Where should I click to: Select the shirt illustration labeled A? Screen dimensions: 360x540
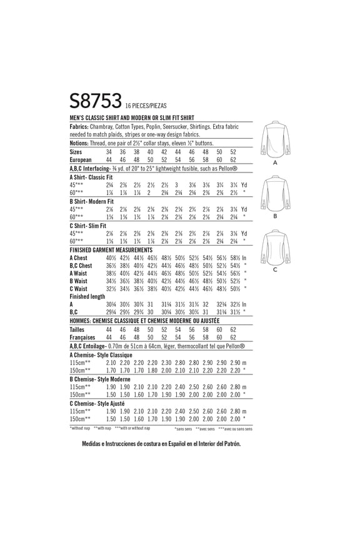tap(274, 138)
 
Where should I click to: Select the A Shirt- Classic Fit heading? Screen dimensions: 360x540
tap(92, 177)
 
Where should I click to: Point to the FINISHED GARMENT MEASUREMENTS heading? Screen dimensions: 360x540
tap(111, 249)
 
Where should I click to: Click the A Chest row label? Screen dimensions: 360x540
tap(79, 257)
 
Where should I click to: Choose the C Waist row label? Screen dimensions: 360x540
tap(79, 289)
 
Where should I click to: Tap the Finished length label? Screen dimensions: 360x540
tap(88, 297)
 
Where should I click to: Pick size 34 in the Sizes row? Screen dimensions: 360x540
tap(109, 152)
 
